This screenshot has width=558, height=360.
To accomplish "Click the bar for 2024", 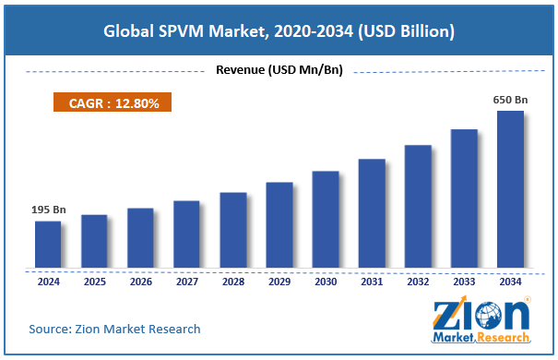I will click(x=48, y=246).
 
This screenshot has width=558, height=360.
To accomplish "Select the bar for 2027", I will click(x=186, y=235).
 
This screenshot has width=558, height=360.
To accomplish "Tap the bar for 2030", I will click(x=325, y=221).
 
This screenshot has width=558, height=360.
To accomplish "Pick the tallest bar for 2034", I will click(x=510, y=190).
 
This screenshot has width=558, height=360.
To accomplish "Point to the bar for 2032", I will click(x=418, y=208).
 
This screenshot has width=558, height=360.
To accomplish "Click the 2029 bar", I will click(x=279, y=226).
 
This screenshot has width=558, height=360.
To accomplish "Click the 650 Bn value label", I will click(x=510, y=99).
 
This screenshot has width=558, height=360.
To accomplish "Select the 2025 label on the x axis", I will click(x=94, y=282).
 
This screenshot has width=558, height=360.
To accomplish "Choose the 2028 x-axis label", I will click(x=232, y=282).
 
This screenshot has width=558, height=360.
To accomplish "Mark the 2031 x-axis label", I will click(x=372, y=282).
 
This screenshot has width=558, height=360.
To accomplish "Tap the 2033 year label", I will click(x=464, y=282).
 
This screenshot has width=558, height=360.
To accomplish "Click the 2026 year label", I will click(x=140, y=282).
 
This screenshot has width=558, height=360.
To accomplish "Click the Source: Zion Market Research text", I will click(x=115, y=329).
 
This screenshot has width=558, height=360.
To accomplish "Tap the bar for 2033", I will click(x=464, y=199).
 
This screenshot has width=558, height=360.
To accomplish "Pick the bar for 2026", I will click(x=140, y=239).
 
